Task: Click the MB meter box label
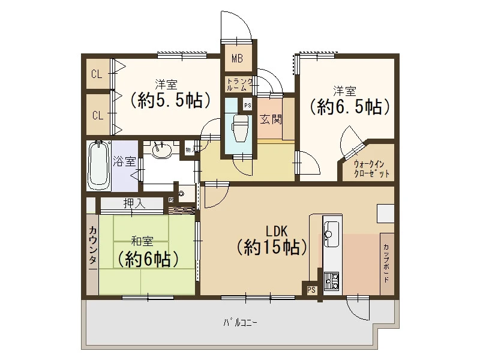tap(237, 58)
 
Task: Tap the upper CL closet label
tap(97, 74)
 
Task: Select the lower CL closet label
tap(98, 115)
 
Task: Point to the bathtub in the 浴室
tap(98, 166)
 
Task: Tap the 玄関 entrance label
tap(271, 119)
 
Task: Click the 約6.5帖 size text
tap(350, 107)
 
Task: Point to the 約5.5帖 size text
tap(170, 100)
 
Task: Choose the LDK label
tap(277, 232)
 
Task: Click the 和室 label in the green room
tap(142, 242)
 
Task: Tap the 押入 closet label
tap(134, 203)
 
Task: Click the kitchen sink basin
tap(331, 234)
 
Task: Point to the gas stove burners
tap(331, 281)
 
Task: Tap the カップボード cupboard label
tap(386, 263)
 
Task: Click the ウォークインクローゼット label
tap(371, 169)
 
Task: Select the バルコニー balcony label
tap(239, 323)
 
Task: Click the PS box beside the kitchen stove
tap(311, 289)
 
